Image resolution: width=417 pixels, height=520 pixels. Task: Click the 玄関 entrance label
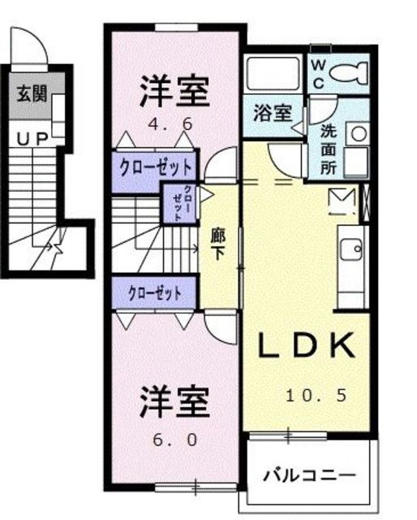(x=32, y=93)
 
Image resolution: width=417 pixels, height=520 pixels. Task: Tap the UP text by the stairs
(x=33, y=139)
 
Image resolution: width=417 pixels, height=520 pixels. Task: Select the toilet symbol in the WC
(x=349, y=72)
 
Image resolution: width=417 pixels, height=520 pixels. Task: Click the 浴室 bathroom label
(x=273, y=113)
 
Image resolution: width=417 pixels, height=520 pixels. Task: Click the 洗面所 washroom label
(x=329, y=149)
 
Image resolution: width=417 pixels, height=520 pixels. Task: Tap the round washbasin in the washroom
(x=359, y=134)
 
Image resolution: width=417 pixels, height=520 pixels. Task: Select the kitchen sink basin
(x=351, y=249)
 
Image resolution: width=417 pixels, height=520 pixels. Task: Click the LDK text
(x=305, y=345)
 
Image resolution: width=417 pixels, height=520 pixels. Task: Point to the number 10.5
(x=316, y=396)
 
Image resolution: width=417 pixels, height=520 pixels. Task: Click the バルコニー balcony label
(x=309, y=475)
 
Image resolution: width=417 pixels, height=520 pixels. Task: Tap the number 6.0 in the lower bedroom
(x=175, y=440)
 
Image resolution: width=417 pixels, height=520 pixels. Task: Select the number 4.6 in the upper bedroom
(x=170, y=124)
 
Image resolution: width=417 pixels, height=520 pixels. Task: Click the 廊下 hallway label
(x=218, y=244)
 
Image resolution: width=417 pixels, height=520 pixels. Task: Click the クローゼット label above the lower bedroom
(x=155, y=293)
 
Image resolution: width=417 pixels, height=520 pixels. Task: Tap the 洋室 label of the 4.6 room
(x=174, y=91)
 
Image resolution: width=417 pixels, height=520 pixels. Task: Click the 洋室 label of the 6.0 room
(x=174, y=401)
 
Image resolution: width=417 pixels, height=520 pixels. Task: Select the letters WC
(x=318, y=74)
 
